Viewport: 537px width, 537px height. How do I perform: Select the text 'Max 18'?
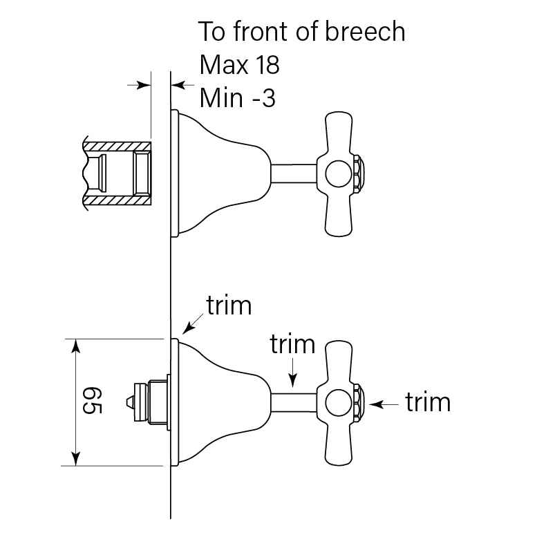click(239, 65)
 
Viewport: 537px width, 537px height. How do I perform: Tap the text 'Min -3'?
click(237, 97)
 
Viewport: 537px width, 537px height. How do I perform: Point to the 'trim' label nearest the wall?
click(229, 305)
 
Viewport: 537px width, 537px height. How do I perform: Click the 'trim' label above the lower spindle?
click(292, 343)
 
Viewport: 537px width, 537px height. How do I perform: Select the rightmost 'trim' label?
click(428, 402)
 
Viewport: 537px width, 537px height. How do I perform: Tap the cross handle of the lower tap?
click(339, 359)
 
